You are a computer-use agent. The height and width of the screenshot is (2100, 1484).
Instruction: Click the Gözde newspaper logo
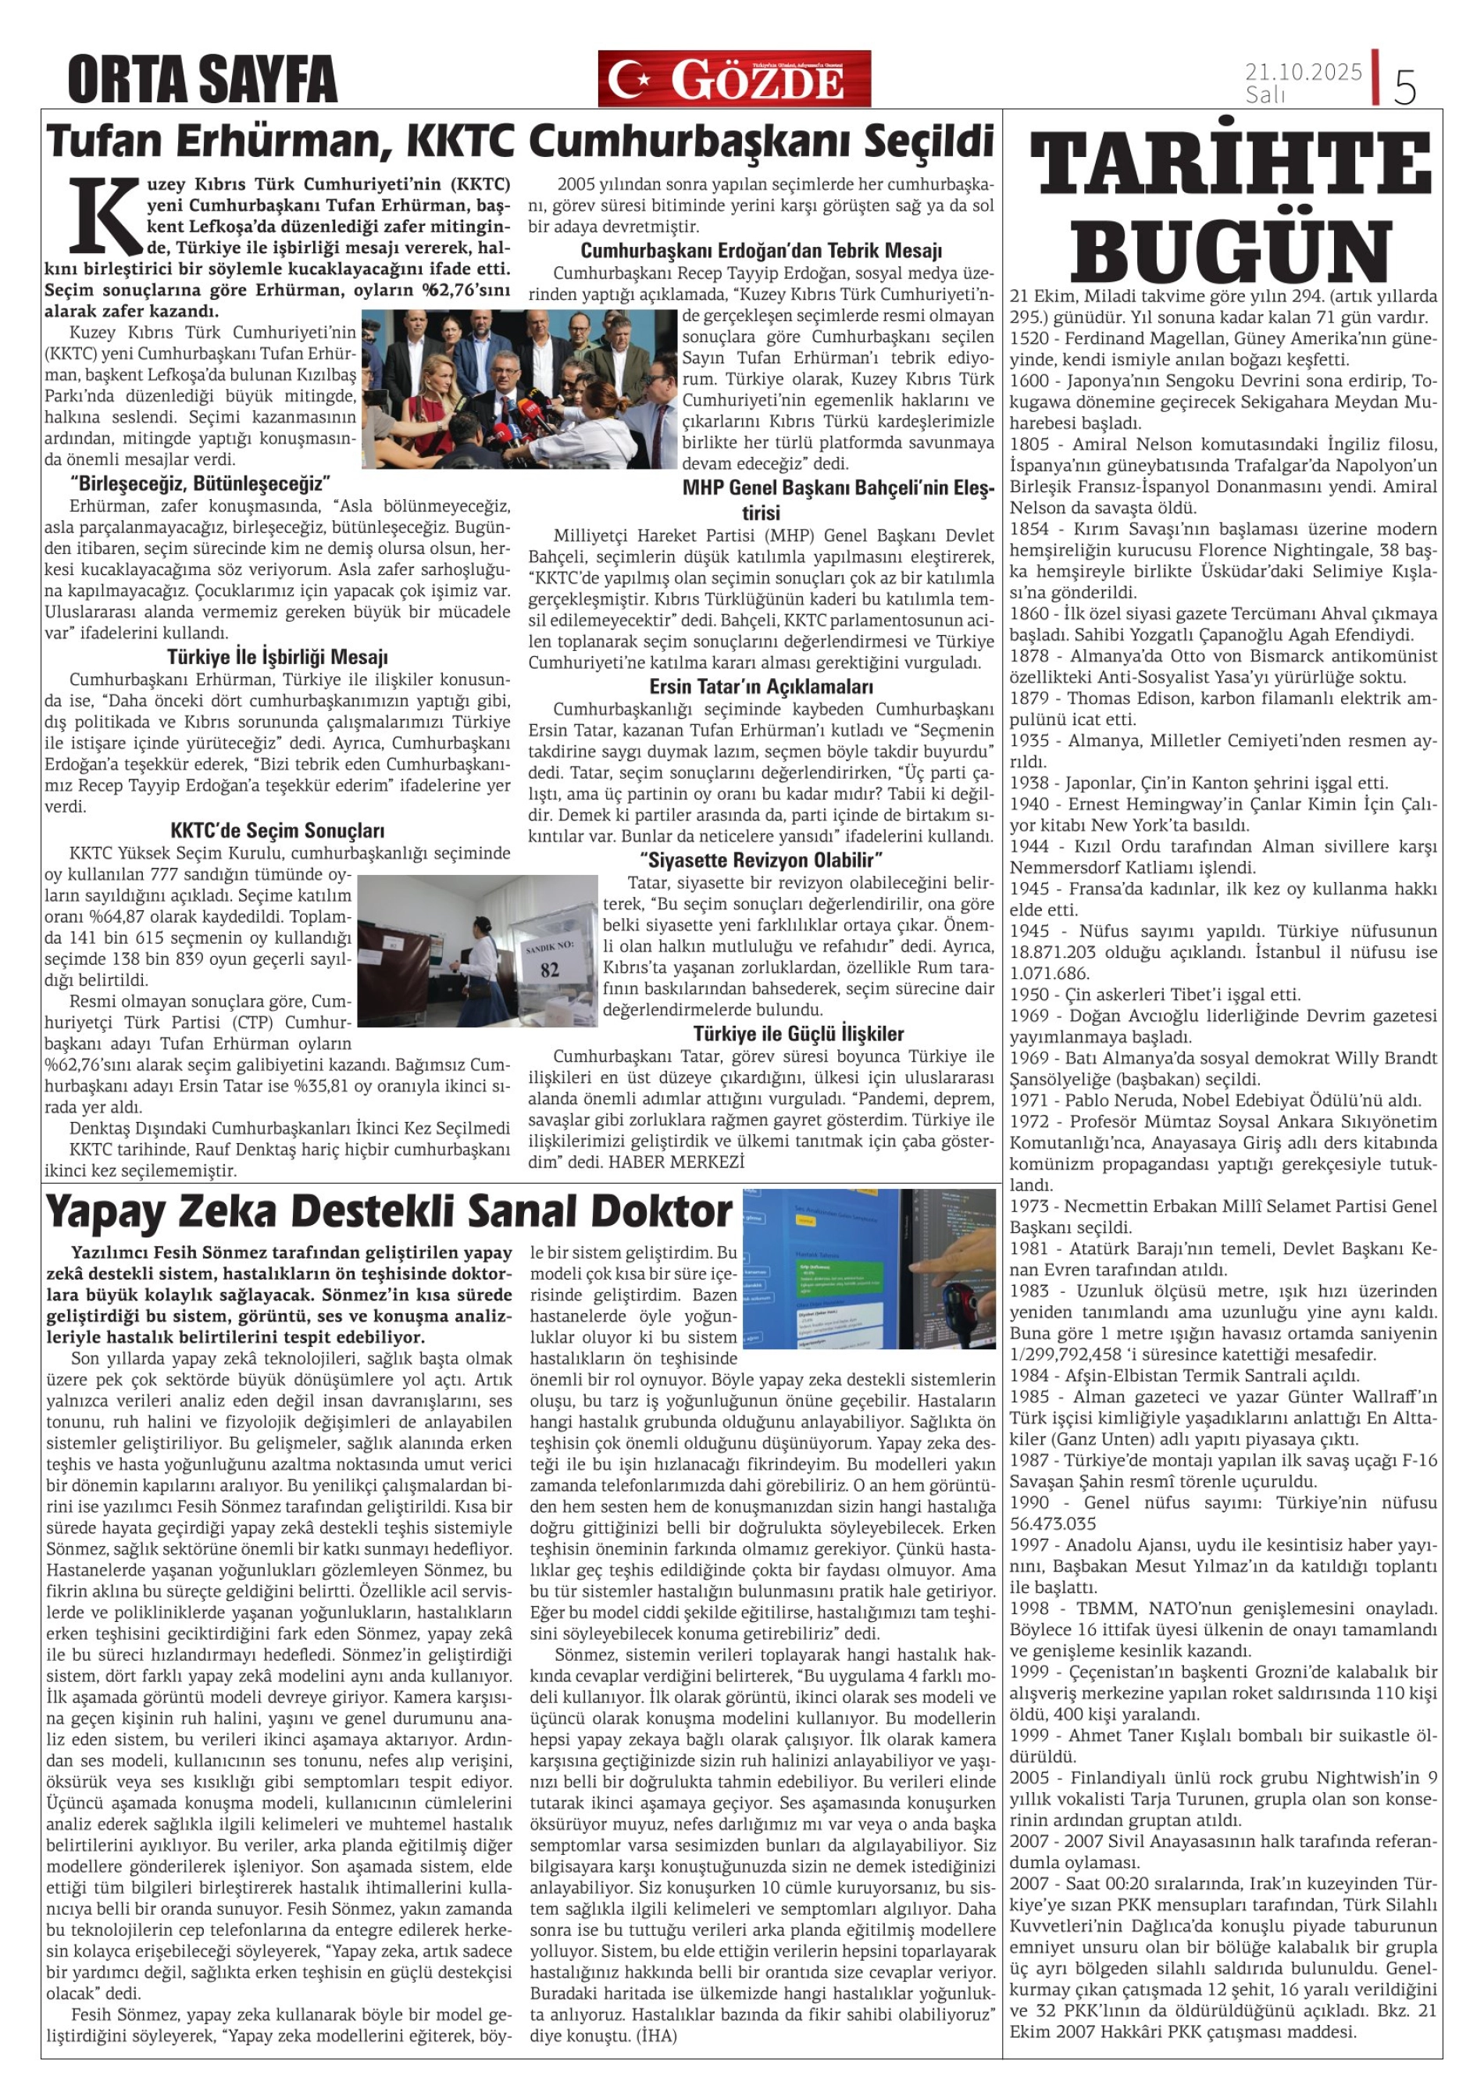coord(734,79)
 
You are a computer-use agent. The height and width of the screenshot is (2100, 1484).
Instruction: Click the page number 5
coord(1404,87)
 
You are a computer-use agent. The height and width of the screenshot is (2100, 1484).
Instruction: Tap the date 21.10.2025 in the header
coord(1303,71)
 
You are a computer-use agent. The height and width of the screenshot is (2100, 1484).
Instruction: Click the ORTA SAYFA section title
coord(202,80)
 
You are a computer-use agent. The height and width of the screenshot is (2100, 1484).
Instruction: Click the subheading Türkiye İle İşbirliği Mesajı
coord(277,658)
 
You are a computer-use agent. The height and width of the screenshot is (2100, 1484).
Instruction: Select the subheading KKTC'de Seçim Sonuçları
coord(277,830)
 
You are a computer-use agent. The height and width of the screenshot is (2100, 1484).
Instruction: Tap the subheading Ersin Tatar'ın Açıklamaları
coord(761,686)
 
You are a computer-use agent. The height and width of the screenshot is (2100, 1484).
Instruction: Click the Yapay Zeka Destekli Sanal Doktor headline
coord(389,1212)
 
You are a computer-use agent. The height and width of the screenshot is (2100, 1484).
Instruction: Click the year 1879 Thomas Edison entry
coord(1221,698)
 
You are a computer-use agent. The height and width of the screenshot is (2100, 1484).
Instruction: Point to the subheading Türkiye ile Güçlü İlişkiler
coord(798,1034)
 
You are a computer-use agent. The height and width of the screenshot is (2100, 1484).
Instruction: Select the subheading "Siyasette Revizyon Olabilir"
coord(761,859)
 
